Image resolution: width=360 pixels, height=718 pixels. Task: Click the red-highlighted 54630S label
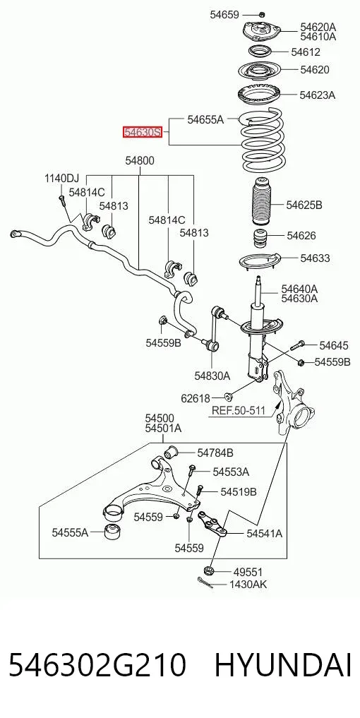(x=142, y=132)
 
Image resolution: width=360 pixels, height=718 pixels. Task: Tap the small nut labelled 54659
(x=261, y=14)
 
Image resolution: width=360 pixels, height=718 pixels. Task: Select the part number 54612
(x=306, y=52)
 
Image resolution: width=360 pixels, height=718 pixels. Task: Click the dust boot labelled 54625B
(x=262, y=201)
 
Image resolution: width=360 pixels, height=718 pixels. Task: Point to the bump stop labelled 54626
(x=261, y=239)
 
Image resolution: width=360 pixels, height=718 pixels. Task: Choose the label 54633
(x=315, y=258)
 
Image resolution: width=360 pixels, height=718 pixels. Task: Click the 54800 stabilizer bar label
(x=140, y=161)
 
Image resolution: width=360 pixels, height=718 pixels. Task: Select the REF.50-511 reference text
(x=238, y=410)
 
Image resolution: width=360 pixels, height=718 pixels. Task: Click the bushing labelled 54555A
(x=112, y=532)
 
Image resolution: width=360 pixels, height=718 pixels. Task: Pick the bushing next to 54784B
(x=172, y=452)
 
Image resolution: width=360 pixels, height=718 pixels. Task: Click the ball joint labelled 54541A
(x=213, y=524)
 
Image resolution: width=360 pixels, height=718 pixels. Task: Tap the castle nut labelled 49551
(x=209, y=571)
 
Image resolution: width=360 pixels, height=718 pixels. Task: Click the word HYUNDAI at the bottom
(x=283, y=666)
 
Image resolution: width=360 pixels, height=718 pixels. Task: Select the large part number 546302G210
(x=97, y=666)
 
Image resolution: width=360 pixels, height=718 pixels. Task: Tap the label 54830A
(x=212, y=376)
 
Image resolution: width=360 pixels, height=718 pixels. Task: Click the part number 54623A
(x=318, y=95)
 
